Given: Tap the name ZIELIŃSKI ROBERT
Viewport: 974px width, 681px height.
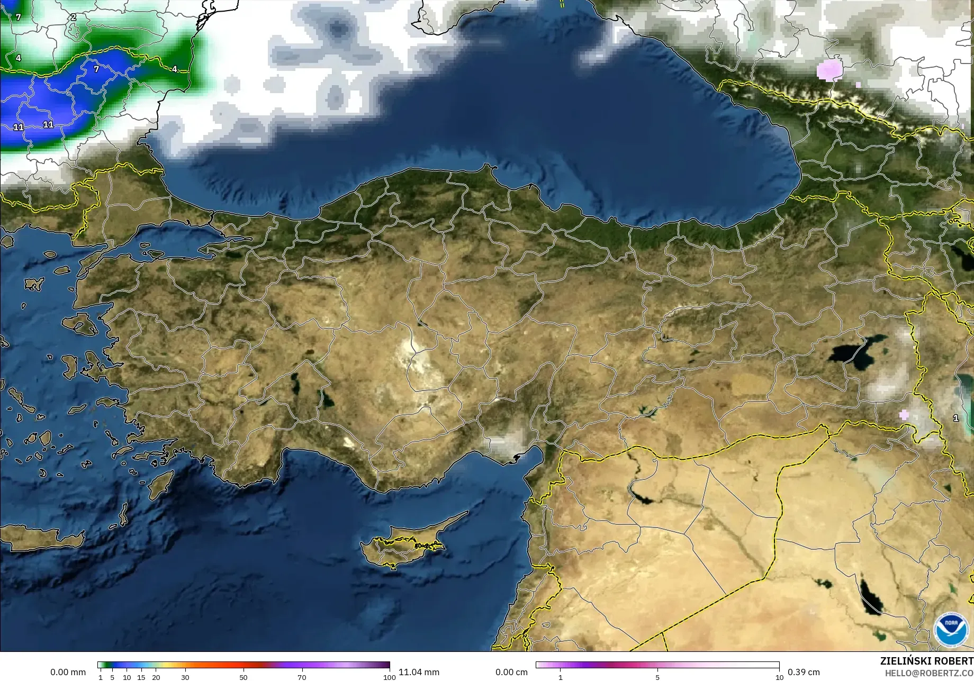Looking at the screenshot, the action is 926,661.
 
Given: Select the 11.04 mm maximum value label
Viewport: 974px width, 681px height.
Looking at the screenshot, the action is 419,672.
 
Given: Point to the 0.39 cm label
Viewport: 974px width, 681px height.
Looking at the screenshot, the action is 804,672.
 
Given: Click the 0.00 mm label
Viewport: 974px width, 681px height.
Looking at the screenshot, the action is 68,672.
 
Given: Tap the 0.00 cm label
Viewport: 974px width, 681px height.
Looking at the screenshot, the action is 511,672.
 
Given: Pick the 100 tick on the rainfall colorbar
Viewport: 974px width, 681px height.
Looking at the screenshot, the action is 390,677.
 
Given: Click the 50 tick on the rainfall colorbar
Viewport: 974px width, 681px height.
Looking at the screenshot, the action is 243,677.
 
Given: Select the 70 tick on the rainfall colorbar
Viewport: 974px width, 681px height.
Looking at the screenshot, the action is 302,677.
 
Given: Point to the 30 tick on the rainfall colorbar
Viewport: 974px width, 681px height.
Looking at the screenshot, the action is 185,677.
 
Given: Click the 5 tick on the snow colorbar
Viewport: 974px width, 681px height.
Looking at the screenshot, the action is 657,677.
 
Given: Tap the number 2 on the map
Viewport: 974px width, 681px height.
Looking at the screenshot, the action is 74,17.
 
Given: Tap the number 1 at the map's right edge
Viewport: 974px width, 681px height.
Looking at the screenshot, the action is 955,418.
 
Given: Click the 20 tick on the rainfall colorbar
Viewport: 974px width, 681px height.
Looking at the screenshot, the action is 156,677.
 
